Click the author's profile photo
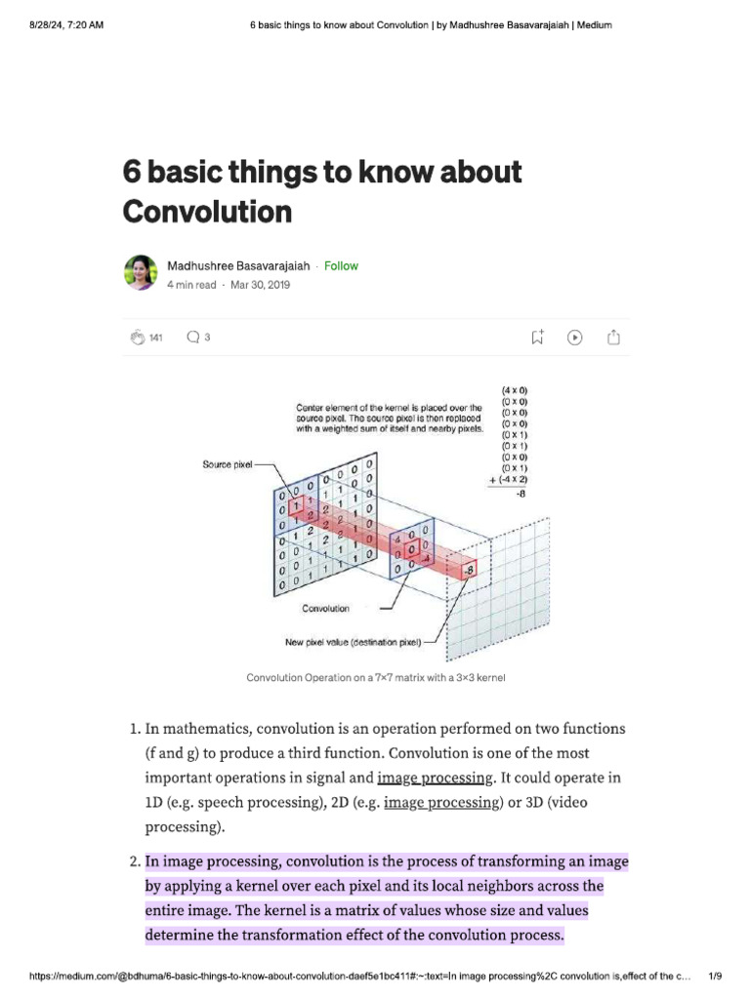[x=141, y=273]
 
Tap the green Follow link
[x=341, y=266]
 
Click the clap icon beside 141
[x=136, y=338]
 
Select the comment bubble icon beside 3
[x=192, y=338]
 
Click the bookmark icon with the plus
[x=537, y=338]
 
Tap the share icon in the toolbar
[x=613, y=338]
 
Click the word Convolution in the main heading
[x=207, y=211]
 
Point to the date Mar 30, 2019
[x=260, y=285]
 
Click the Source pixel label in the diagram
[x=229, y=465]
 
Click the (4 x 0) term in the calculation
[x=515, y=390]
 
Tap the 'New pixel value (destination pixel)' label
[x=353, y=642]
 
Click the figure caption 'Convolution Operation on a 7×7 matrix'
[x=376, y=677]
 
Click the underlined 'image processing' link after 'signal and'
[x=435, y=778]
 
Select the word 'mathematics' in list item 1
[x=208, y=729]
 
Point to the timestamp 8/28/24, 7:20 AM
[x=62, y=24]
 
